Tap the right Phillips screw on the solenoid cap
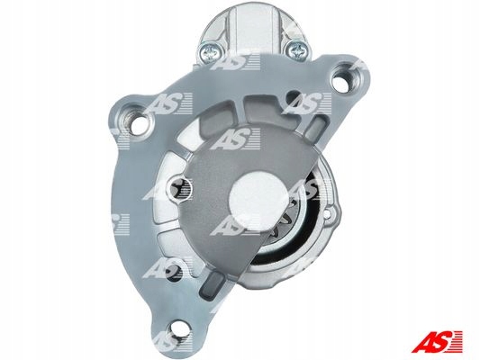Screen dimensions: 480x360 click(297, 50)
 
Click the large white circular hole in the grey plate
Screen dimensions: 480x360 click(258, 196)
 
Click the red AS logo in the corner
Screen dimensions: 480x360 click(437, 341)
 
